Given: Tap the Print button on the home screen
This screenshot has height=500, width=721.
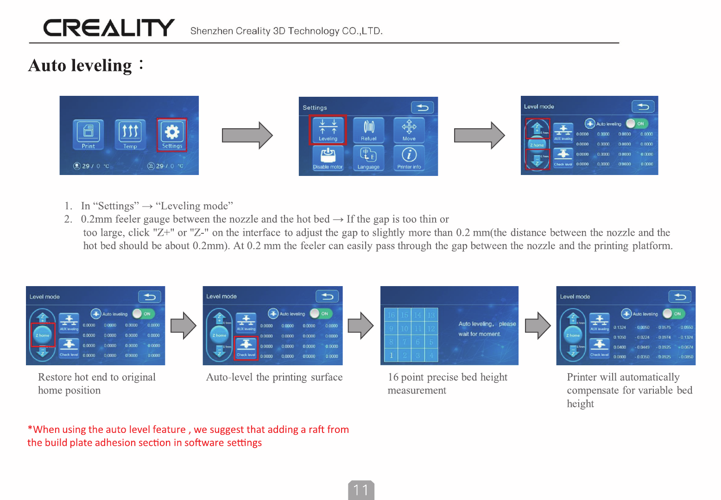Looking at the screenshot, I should point(88,134).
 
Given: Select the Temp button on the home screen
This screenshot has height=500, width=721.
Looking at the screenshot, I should point(130,134).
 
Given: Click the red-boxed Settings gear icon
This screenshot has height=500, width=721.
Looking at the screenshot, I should point(172,134).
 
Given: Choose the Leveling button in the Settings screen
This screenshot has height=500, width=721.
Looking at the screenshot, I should point(328,130).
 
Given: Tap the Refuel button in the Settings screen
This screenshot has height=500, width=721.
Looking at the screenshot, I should point(369,130).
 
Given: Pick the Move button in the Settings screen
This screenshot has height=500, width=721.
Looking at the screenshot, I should point(409,130).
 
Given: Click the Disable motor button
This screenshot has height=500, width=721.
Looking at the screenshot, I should point(328,158).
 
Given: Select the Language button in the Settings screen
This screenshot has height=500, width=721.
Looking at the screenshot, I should point(369,158).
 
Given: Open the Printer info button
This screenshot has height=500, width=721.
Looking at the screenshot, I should point(409,158).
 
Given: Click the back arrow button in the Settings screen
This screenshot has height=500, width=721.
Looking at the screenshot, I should point(422,107).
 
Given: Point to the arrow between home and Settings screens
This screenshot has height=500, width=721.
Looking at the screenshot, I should point(247,135).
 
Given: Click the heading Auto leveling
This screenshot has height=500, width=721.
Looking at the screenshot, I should point(81,65).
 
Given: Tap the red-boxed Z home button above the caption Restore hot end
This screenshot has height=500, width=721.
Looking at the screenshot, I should point(43,335).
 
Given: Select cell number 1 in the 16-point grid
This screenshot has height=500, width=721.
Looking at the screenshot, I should point(391,355).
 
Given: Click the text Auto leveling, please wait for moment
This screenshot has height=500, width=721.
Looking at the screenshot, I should point(487,329).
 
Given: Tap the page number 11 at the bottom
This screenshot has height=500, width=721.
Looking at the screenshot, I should point(361,490).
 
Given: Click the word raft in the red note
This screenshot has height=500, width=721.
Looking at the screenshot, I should point(316,430).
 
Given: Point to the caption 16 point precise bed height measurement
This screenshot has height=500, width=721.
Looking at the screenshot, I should point(447,383).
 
